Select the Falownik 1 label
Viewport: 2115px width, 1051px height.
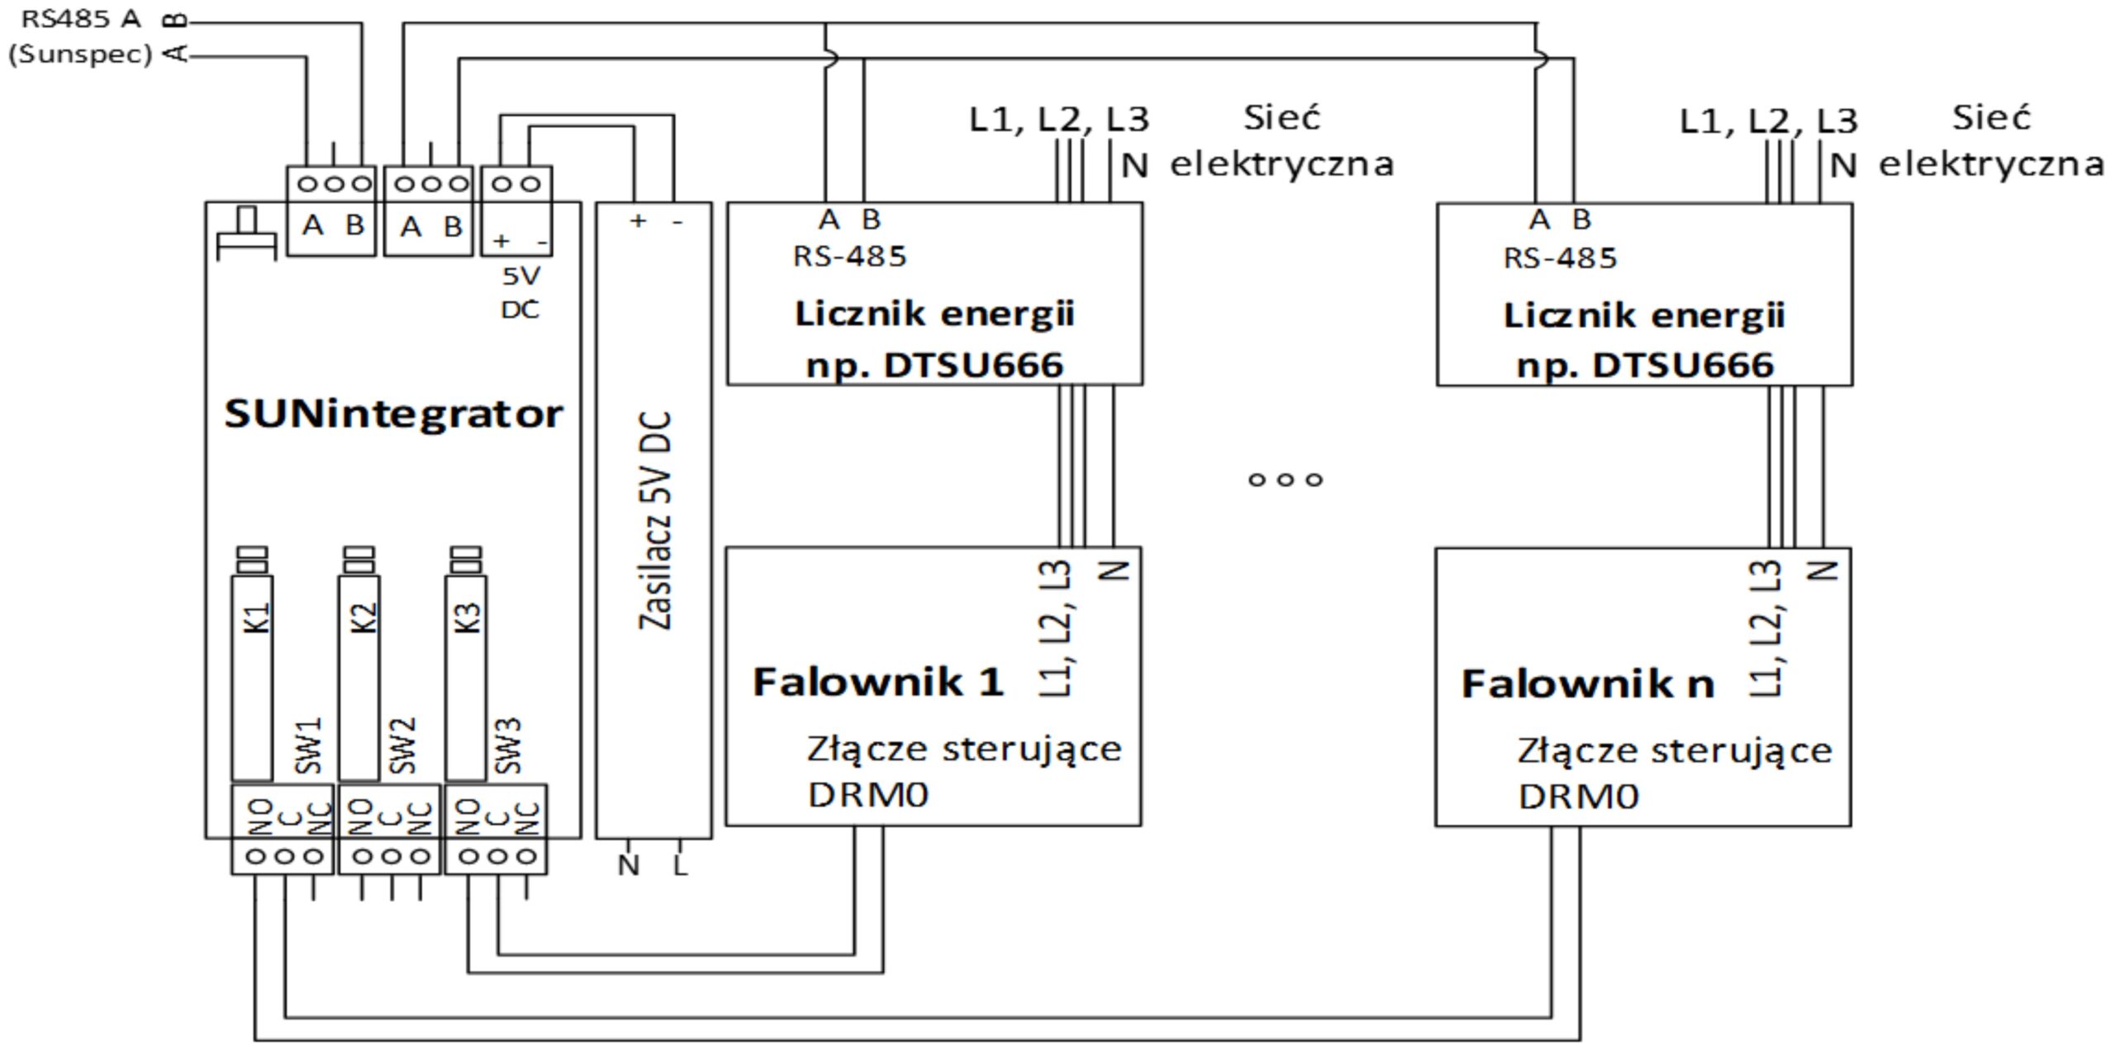click(877, 682)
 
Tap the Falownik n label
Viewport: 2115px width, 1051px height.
click(1587, 684)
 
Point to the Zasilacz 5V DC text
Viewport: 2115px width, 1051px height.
click(656, 521)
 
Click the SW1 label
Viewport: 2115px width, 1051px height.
click(309, 745)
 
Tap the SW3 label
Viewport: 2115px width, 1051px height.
click(509, 745)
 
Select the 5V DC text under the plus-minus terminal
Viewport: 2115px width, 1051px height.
click(520, 292)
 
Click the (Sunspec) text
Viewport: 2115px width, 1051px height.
click(80, 55)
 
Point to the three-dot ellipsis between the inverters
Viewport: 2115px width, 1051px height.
click(1285, 479)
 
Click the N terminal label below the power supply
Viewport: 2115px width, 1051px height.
click(629, 866)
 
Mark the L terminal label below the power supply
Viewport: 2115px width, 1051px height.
click(680, 866)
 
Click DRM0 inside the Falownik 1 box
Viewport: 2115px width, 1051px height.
click(868, 795)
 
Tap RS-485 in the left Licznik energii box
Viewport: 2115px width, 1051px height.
click(849, 257)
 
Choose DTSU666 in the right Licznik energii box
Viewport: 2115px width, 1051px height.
click(1682, 365)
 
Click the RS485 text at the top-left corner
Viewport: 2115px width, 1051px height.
click(58, 19)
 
